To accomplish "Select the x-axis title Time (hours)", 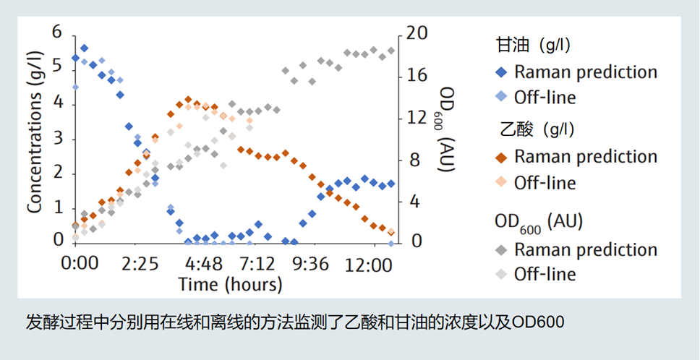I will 230,284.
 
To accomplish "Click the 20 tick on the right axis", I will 419,33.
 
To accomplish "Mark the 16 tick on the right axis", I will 419,75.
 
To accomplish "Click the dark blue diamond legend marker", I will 502,72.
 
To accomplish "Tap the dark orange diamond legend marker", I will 502,157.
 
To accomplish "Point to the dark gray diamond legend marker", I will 502,250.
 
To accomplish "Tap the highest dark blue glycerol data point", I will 84,48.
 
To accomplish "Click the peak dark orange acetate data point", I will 188,100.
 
